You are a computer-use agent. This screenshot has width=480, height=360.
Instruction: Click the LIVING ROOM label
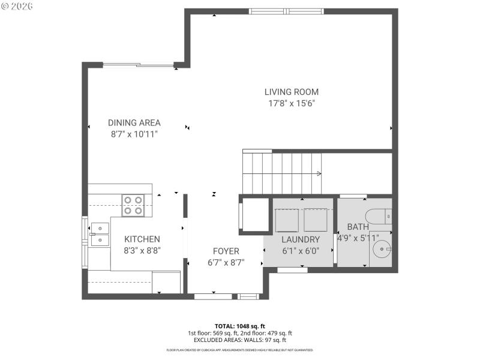click(292, 92)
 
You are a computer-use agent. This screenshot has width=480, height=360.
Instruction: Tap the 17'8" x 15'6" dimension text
click(292, 103)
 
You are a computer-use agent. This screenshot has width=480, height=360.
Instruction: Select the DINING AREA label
click(134, 123)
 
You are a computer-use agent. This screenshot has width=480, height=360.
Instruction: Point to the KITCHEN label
click(142, 239)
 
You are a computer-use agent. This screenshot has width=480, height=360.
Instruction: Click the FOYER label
click(226, 251)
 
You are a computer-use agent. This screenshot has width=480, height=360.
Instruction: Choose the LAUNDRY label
click(301, 239)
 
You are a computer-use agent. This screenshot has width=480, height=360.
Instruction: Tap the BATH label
click(358, 227)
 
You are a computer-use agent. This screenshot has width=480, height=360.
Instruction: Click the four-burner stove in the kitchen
click(133, 205)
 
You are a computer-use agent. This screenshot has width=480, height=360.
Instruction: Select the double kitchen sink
click(100, 234)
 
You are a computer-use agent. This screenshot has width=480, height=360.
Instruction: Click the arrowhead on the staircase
click(319, 174)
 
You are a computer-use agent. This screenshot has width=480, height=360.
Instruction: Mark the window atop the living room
click(287, 11)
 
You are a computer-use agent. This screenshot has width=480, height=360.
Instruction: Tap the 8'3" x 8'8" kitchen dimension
click(142, 251)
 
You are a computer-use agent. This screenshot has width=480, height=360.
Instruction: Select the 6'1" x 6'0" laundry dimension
click(301, 251)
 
